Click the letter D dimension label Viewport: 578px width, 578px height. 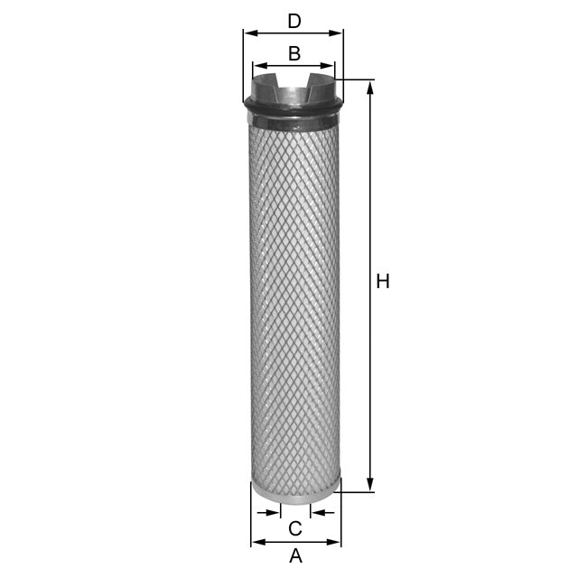(x=294, y=21)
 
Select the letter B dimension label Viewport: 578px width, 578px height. (x=294, y=54)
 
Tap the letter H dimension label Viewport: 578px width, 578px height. (x=383, y=282)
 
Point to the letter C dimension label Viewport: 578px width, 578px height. (x=294, y=527)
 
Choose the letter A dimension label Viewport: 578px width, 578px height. (x=295, y=556)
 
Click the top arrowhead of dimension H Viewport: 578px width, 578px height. (x=369, y=85)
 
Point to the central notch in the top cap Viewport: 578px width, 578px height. (x=294, y=91)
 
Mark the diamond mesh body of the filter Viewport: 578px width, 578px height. (x=295, y=298)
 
